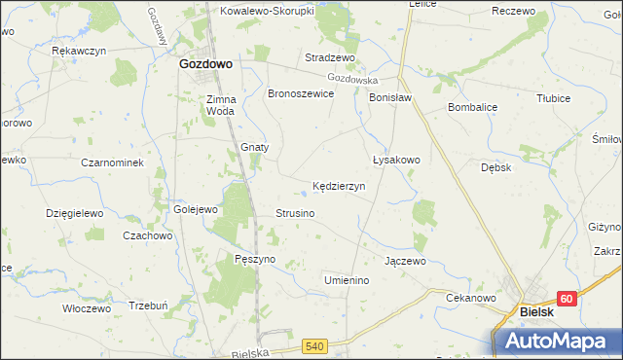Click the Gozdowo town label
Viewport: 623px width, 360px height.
tap(204, 63)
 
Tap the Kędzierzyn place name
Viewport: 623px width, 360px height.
tap(338, 185)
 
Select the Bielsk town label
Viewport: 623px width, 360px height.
tap(537, 312)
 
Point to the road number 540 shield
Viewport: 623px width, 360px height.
tap(313, 345)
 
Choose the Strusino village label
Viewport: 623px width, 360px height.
tap(294, 213)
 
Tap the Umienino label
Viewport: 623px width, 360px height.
tap(347, 280)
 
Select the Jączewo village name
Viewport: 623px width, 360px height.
tap(405, 261)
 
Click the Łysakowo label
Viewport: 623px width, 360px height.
tap(396, 160)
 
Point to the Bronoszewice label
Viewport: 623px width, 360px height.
tap(302, 93)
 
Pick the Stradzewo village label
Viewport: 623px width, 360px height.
tap(327, 57)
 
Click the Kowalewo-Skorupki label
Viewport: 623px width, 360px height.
tap(265, 11)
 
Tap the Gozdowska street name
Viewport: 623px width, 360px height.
tap(352, 78)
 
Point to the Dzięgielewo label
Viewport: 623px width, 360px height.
tap(74, 212)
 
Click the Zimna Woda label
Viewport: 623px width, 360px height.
tap(220, 104)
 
